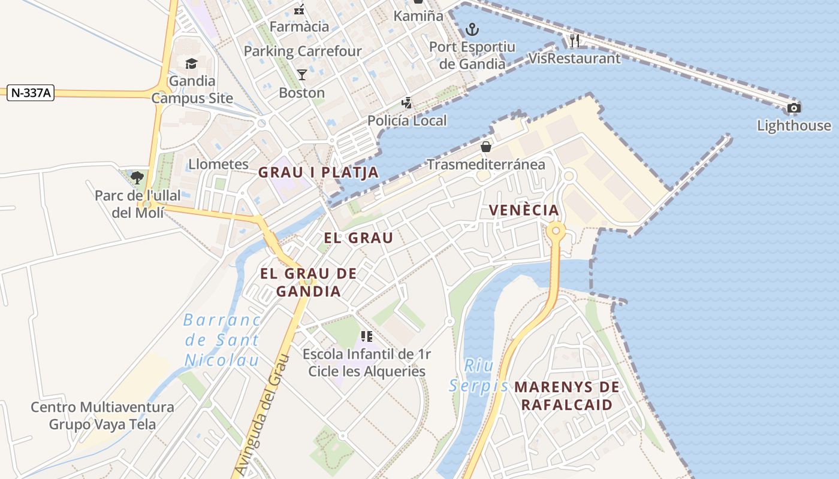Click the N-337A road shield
(31, 93)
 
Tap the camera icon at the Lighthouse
(793, 108)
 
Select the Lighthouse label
(793, 126)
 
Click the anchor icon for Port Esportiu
(472, 29)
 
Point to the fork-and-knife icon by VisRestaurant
(575, 41)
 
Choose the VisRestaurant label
(575, 58)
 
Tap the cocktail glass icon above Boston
(301, 74)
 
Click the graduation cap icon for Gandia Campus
(191, 63)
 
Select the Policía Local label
(407, 120)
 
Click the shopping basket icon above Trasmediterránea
(485, 147)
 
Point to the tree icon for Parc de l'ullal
(137, 177)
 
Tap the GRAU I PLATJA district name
(318, 172)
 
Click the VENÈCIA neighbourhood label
(524, 210)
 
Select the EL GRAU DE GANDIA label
(309, 283)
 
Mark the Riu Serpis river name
(478, 375)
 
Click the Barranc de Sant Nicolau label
(222, 340)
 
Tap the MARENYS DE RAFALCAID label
(566, 396)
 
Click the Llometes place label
(218, 164)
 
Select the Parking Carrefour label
(303, 51)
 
